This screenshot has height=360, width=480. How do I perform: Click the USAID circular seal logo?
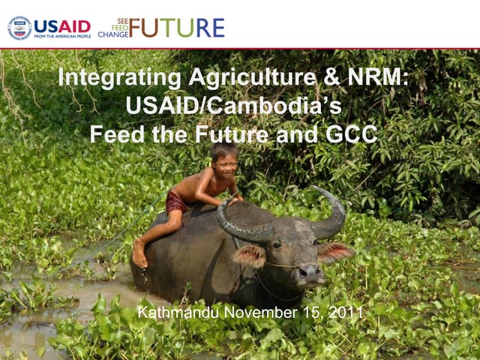[x=19, y=28]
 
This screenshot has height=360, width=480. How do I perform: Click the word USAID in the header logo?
[x=62, y=26]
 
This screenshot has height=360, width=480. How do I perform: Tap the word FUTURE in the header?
[x=176, y=28]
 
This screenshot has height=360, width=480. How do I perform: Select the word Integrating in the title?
[x=119, y=78]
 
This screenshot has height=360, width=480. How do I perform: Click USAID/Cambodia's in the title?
[x=234, y=106]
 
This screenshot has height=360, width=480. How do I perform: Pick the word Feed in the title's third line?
[x=113, y=135]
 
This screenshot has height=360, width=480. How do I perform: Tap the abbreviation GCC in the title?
[x=351, y=135]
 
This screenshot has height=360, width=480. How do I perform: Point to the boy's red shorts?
[x=177, y=202]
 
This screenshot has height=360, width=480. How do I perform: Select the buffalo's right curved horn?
[x=330, y=214]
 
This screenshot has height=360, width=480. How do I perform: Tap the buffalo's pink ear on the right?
[x=334, y=252]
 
